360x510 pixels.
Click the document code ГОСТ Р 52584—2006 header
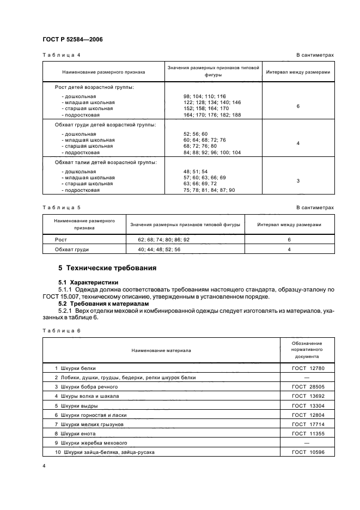click(x=72, y=39)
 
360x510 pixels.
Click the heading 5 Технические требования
click(x=107, y=268)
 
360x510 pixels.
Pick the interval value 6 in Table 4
click(x=298, y=106)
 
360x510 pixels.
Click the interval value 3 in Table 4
click(x=298, y=180)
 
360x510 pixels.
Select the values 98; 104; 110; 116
click(x=205, y=96)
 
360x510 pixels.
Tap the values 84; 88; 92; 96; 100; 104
click(x=212, y=153)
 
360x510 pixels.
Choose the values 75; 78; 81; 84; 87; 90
click(x=209, y=190)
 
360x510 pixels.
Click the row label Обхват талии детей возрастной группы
click(x=106, y=162)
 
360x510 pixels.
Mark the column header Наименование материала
click(x=161, y=350)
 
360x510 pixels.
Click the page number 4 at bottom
click(x=44, y=466)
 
